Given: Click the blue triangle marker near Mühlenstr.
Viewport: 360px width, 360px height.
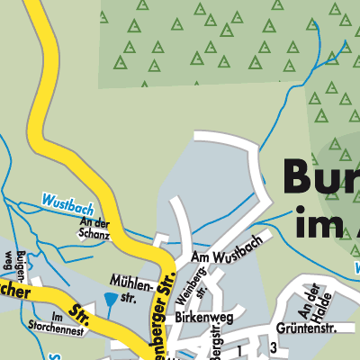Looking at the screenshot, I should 110,299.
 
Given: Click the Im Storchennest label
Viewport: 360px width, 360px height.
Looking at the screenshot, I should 70,321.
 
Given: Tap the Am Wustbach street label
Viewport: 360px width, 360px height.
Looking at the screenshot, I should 225,260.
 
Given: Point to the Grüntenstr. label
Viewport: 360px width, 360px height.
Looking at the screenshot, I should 288,326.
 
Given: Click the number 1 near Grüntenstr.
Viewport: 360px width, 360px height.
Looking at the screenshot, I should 240,348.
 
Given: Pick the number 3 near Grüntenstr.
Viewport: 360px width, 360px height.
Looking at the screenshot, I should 272,348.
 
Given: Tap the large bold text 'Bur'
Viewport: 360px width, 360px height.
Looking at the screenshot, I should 319,175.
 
